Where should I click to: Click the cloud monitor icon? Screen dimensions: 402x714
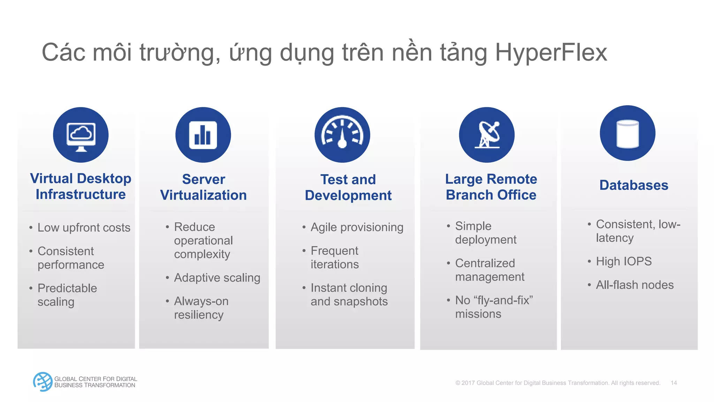[x=81, y=135]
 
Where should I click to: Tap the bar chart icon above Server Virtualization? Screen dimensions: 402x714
[x=203, y=135]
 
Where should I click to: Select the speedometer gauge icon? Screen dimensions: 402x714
[x=342, y=135]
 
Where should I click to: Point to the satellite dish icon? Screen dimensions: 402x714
[x=487, y=135]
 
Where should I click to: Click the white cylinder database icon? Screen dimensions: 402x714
[x=628, y=133]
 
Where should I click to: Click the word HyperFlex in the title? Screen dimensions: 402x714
[x=551, y=52]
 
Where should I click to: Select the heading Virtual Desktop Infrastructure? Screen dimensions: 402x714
[x=81, y=186]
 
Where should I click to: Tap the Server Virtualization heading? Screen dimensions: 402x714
[x=203, y=187]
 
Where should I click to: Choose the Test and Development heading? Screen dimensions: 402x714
[x=348, y=187]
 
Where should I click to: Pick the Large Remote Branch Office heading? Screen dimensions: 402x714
[x=491, y=187]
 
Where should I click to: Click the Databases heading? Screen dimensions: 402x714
[x=633, y=185]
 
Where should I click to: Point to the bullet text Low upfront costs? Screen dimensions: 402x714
[x=84, y=228]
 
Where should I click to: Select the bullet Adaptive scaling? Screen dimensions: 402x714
[x=217, y=278]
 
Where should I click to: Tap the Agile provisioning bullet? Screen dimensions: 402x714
[x=357, y=227]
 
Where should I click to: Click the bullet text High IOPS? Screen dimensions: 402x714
[x=623, y=261]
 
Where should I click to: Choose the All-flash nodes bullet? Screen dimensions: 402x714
[x=635, y=285]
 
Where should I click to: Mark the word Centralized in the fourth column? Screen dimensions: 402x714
[x=485, y=263]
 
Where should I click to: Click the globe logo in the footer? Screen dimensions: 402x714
[x=43, y=382]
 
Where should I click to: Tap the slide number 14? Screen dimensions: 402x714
[x=674, y=383]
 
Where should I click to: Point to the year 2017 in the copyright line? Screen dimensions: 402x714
[x=468, y=383]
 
